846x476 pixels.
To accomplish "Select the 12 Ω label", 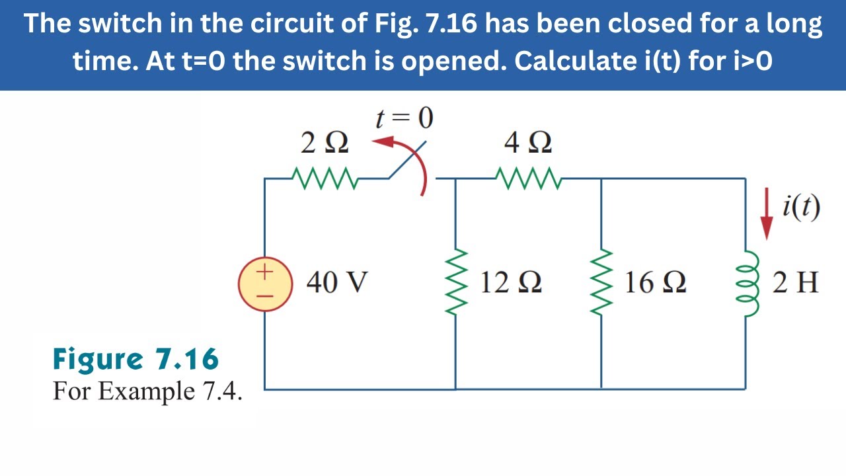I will [511, 283].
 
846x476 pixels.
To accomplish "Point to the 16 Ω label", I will [655, 283].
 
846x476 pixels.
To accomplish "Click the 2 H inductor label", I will [796, 283].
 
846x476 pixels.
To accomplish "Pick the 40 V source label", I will [337, 283].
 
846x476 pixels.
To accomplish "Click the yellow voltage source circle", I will [265, 284].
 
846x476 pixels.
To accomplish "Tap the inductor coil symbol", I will [748, 284].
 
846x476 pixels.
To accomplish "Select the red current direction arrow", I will [767, 214].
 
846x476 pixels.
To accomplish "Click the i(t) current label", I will [800, 208].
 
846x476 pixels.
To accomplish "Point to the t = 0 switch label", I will [404, 118].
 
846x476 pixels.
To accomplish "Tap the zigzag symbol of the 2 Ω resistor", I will [325, 178].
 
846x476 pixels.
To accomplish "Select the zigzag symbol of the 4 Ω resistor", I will [528, 178].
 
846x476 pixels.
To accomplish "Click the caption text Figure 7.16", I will [135, 360].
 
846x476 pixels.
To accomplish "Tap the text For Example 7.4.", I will [147, 391].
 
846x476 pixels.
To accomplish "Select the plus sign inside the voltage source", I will [264, 270].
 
